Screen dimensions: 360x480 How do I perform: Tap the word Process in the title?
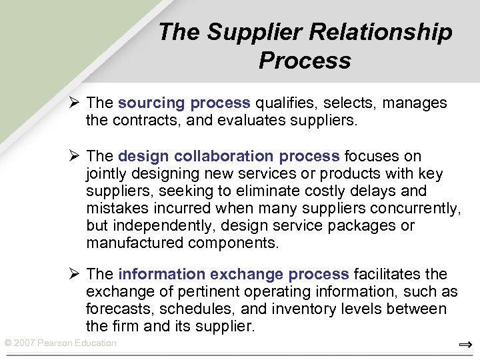(305, 61)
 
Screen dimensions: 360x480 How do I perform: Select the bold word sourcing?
(151, 103)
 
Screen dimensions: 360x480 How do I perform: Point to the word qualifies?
(285, 103)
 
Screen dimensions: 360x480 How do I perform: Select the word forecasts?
(113, 309)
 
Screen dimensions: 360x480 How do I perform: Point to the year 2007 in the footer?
(25, 343)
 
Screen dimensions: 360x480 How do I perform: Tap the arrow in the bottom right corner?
(465, 345)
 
